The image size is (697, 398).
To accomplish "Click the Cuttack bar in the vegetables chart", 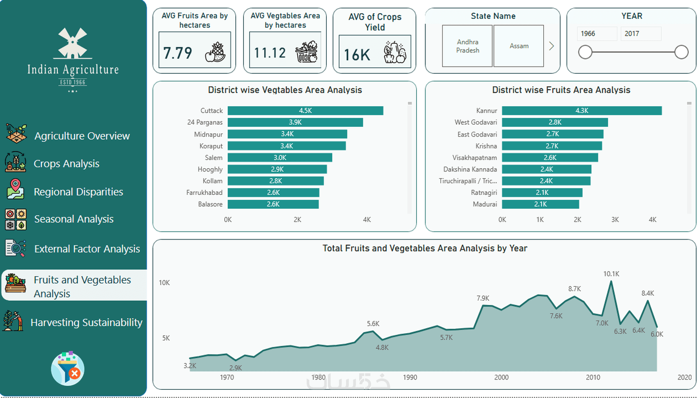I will [x=305, y=111].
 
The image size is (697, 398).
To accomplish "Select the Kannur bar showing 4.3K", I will [x=581, y=111].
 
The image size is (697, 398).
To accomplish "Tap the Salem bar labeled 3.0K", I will [x=280, y=158].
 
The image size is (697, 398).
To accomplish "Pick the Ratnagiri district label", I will [x=484, y=192].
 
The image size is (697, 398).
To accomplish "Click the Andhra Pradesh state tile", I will [x=467, y=46].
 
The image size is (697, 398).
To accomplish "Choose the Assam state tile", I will [x=519, y=46].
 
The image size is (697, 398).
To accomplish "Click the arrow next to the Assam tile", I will [x=551, y=46].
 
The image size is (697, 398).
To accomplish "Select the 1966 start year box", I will [x=597, y=34].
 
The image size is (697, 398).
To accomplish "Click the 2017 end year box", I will [x=640, y=34].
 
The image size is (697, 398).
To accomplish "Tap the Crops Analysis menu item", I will [x=66, y=164].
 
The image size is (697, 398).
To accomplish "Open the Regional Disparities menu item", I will [x=78, y=192].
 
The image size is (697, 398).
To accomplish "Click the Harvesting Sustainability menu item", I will [x=86, y=323].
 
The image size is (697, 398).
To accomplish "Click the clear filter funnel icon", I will [x=68, y=368].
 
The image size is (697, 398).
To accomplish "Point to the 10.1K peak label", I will [x=611, y=274].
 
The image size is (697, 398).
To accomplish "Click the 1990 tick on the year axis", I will [x=410, y=377].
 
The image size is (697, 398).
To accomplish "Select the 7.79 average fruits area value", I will [x=178, y=53].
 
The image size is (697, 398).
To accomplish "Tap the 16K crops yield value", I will [x=357, y=55].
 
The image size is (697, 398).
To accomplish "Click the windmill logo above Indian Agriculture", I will [x=73, y=43].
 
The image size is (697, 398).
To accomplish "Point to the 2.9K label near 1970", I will [x=235, y=368].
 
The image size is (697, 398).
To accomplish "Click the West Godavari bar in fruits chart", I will [x=555, y=122].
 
